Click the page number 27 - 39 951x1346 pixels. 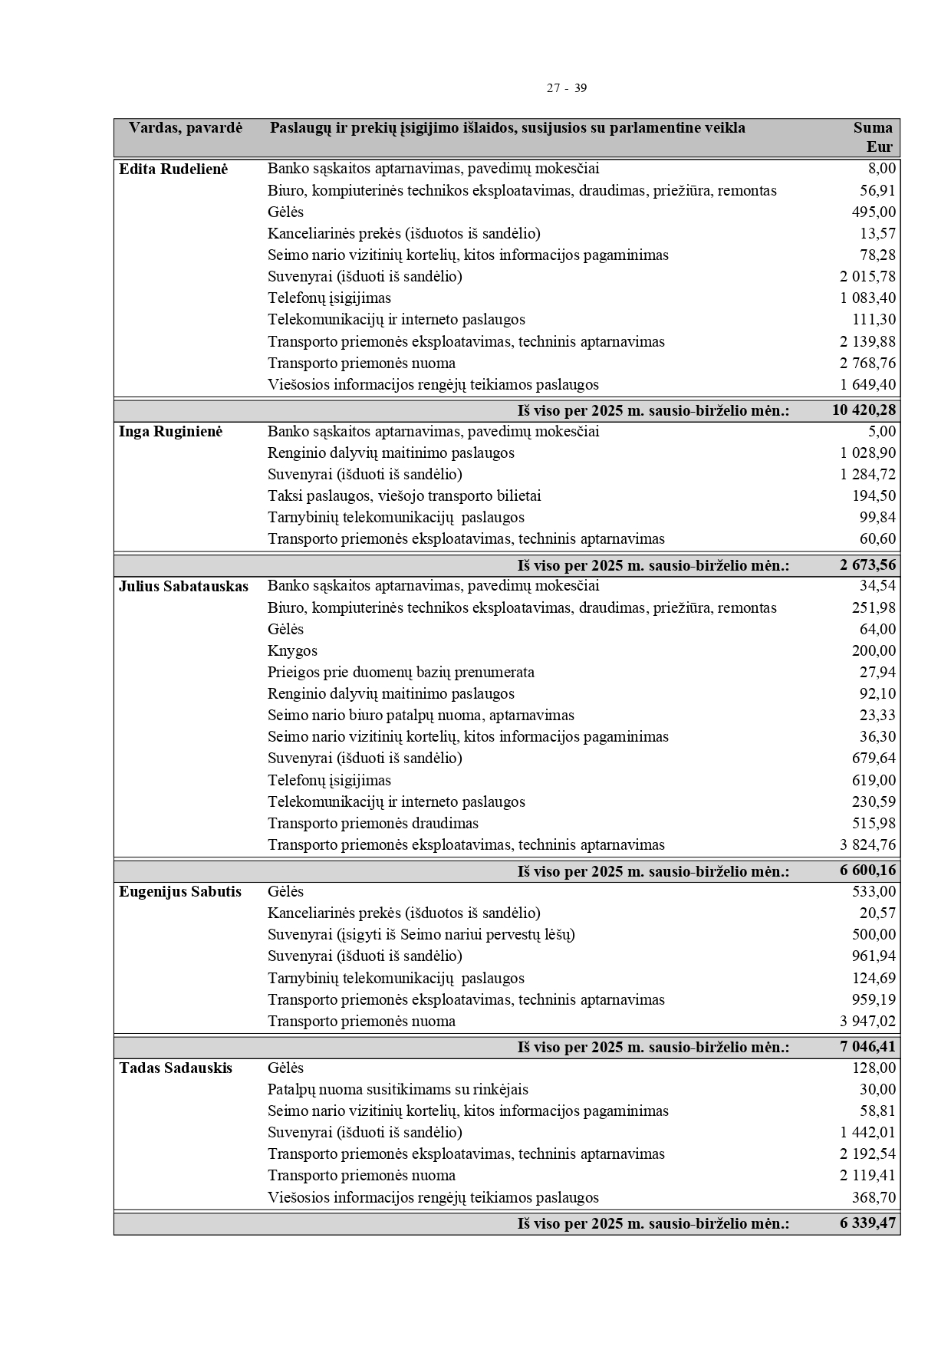tap(566, 88)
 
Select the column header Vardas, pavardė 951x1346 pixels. tap(186, 128)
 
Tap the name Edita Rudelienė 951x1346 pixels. tap(173, 169)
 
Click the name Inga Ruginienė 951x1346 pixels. tap(170, 432)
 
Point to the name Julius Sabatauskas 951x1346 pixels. tap(183, 587)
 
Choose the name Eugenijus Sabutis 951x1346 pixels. tap(180, 892)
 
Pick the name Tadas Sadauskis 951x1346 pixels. tap(176, 1068)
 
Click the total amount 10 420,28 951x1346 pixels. tap(864, 410)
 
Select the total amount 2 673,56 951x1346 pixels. tap(867, 566)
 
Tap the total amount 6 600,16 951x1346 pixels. tap(867, 871)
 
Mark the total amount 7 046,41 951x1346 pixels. tap(867, 1048)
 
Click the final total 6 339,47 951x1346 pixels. tap(867, 1224)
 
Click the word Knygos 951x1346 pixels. tap(292, 651)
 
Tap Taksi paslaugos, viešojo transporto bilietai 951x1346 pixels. tap(404, 496)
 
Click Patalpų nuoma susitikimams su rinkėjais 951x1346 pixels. tap(397, 1090)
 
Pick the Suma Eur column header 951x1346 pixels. tap(873, 137)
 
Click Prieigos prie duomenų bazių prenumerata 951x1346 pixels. tap(401, 673)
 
